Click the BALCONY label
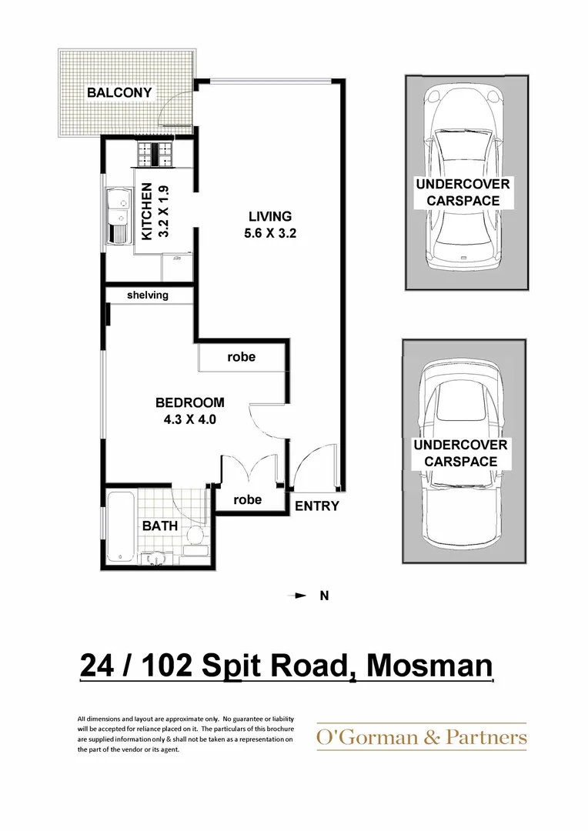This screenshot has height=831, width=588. [119, 93]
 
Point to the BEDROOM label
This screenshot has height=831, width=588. [189, 402]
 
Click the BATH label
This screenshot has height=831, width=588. [160, 526]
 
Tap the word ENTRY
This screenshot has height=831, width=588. [316, 506]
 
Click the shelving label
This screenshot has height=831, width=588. [148, 295]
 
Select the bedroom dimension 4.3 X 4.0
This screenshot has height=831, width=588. [189, 420]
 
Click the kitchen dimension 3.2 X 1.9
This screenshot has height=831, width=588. [163, 212]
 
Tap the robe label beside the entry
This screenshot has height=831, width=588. [247, 499]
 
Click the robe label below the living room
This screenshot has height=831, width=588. [241, 357]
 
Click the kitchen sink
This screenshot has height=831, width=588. [119, 216]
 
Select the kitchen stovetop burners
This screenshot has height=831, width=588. [156, 155]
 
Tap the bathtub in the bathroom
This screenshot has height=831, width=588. [120, 528]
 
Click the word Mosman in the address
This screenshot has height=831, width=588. [429, 665]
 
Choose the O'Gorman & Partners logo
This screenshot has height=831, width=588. [422, 738]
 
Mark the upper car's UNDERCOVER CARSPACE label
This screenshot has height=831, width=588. [463, 192]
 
